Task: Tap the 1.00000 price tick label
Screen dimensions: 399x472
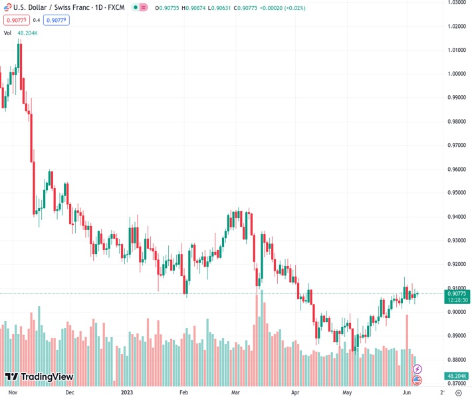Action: [x=456, y=74]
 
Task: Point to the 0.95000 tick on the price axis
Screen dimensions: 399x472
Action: [x=456, y=193]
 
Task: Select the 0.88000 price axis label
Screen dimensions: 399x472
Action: [x=456, y=360]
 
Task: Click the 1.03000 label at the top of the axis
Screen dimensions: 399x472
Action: [x=456, y=3]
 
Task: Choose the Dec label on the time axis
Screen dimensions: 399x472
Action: [x=70, y=392]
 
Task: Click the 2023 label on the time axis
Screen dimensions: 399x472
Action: [x=126, y=392]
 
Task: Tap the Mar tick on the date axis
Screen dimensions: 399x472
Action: [x=235, y=392]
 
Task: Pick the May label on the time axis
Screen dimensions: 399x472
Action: [x=346, y=392]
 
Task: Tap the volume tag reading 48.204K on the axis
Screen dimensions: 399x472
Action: [x=456, y=376]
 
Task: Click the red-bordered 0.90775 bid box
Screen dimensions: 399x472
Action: [x=17, y=20]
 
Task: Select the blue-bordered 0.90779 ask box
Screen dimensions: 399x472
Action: [x=57, y=20]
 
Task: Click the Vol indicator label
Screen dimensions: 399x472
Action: [x=7, y=33]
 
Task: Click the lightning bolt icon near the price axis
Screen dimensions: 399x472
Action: [x=417, y=368]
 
